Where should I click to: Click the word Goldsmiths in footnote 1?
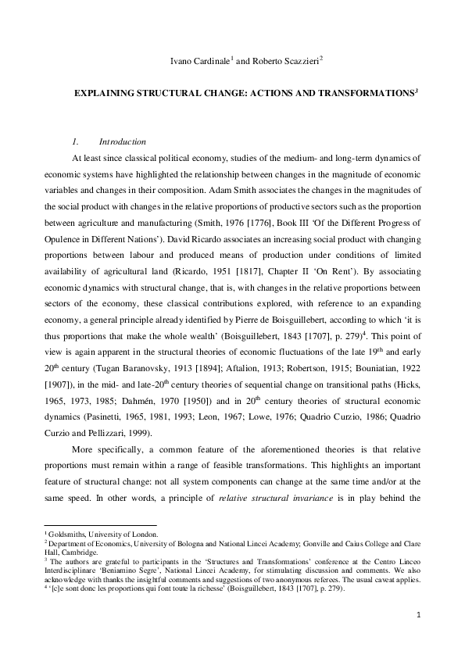pyautogui.click(x=65, y=532)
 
